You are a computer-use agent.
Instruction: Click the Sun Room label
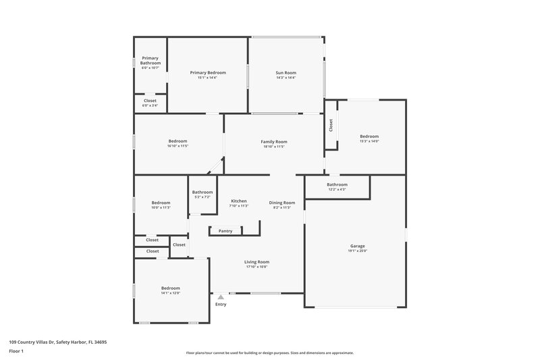[x=286, y=72]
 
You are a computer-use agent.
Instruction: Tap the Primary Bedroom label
[x=207, y=72]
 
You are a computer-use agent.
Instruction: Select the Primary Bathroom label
[x=150, y=60]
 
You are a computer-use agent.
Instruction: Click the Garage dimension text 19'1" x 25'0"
[x=357, y=251]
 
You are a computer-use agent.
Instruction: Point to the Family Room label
[x=274, y=141]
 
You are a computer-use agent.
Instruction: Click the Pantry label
[x=225, y=231]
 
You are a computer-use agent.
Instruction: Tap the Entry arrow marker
[x=221, y=297]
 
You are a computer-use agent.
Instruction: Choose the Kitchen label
[x=239, y=201]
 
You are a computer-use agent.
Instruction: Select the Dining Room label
[x=282, y=203]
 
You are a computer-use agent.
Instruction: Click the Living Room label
[x=256, y=262]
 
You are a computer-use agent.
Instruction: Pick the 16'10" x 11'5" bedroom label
[x=178, y=141]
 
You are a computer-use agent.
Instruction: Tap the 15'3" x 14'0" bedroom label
[x=369, y=136]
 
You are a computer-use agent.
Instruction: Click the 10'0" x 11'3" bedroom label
[x=161, y=203]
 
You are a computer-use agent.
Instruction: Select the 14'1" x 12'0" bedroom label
[x=170, y=288]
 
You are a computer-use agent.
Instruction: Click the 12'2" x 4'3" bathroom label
[x=337, y=184]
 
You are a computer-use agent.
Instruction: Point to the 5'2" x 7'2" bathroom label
[x=202, y=192]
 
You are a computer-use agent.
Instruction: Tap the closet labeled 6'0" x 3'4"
[x=150, y=101]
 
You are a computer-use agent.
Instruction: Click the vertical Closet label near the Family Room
[x=331, y=125]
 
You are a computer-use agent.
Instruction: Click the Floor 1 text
[x=16, y=351]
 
